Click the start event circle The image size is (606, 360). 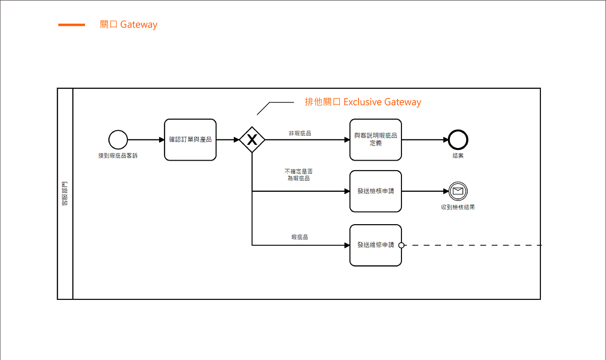click(x=118, y=140)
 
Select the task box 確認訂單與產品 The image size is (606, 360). click(x=190, y=140)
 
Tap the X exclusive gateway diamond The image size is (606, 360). click(x=252, y=140)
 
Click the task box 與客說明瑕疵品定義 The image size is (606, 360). click(x=376, y=140)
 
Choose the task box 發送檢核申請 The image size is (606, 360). click(x=376, y=191)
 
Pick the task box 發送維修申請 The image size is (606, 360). click(x=376, y=245)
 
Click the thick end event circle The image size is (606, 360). click(x=458, y=140)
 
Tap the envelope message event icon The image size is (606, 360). click(x=458, y=191)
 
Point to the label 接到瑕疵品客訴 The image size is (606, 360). click(x=118, y=156)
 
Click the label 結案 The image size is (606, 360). click(x=458, y=156)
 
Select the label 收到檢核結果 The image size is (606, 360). click(x=458, y=207)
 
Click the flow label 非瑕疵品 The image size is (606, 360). click(x=299, y=133)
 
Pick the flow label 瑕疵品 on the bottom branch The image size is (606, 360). click(x=299, y=237)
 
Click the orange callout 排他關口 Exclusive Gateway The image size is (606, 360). click(x=363, y=102)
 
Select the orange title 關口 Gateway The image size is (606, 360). click(x=129, y=25)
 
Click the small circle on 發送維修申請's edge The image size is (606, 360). click(x=401, y=245)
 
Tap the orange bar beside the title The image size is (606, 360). click(x=72, y=25)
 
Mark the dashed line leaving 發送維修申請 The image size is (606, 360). click(x=472, y=245)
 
